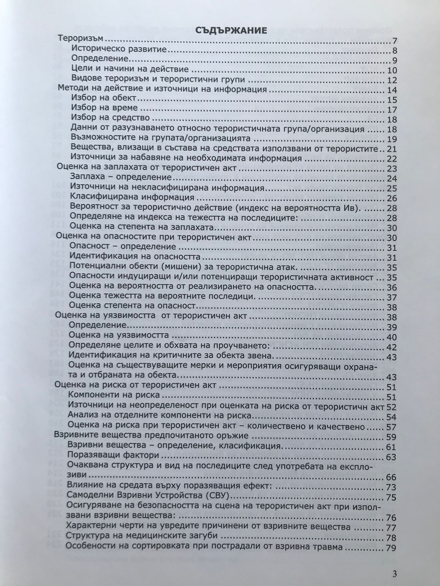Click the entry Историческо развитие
[119, 49]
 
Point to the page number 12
[392, 80]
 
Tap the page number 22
[392, 159]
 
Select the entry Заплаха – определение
[121, 177]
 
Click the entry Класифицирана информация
[132, 197]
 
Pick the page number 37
[392, 298]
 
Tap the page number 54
[391, 417]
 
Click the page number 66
[391, 477]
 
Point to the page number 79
[391, 548]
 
